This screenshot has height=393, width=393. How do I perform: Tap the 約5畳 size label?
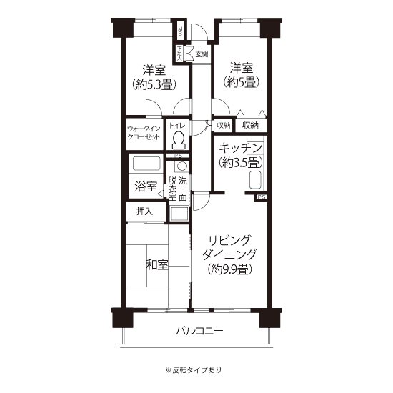pos(244,81)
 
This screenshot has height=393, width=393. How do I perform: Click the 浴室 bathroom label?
pos(146,186)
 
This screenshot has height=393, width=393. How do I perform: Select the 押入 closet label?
pos(144,212)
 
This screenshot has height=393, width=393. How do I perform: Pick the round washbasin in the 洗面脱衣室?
pos(180,166)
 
